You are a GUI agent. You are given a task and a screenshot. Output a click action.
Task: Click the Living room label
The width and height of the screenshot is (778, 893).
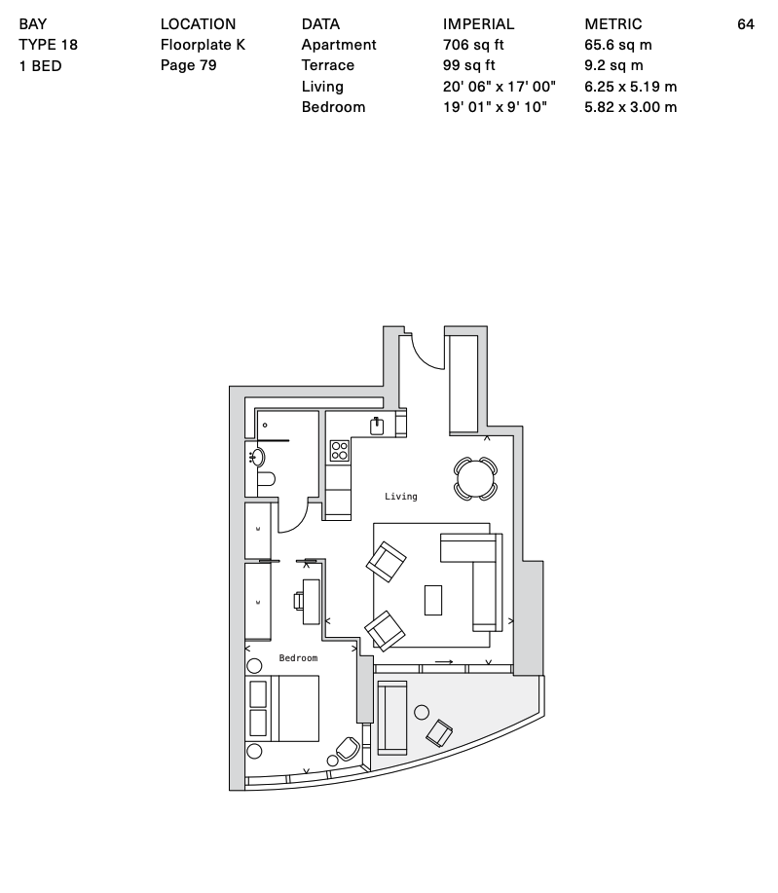(400, 497)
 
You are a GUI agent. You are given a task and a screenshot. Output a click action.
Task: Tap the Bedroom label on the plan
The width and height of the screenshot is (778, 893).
(298, 658)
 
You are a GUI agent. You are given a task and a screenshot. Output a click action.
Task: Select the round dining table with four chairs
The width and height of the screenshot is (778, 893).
(475, 479)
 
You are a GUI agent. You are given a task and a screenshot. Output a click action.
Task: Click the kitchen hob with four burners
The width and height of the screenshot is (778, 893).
(340, 451)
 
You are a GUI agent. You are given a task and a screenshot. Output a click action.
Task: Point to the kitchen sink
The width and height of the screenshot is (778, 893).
(377, 426)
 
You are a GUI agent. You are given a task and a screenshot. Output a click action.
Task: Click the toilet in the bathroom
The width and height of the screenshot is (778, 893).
(266, 479)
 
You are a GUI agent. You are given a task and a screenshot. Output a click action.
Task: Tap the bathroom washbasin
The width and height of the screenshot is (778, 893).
(257, 457)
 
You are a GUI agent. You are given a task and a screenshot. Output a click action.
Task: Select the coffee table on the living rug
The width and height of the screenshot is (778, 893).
(433, 600)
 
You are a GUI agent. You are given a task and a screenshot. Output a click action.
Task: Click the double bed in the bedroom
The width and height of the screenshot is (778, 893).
(282, 709)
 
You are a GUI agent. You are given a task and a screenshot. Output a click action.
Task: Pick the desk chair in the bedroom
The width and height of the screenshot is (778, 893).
(298, 601)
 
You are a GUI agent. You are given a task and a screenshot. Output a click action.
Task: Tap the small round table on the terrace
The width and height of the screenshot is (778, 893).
(422, 712)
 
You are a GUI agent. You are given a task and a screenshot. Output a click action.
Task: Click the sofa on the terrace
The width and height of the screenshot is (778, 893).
(391, 717)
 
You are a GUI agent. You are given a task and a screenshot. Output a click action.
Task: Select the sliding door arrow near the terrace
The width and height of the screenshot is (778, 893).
(444, 662)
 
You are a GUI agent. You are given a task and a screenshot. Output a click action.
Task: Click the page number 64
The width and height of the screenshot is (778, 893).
(746, 24)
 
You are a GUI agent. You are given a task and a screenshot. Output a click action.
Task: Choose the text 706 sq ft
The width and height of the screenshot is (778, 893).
(473, 45)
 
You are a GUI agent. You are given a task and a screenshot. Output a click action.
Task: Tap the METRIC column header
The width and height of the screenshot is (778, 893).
(612, 24)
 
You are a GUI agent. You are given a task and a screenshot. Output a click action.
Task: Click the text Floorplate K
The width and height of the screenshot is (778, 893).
(203, 45)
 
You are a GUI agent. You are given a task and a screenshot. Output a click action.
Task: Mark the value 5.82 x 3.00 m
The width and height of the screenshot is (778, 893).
(631, 107)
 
